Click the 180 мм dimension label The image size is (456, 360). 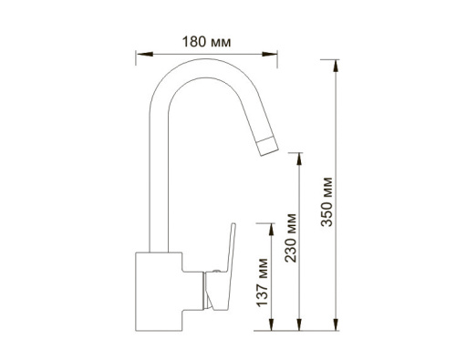(x=204, y=41)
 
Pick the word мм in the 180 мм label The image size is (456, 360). (x=220, y=41)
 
